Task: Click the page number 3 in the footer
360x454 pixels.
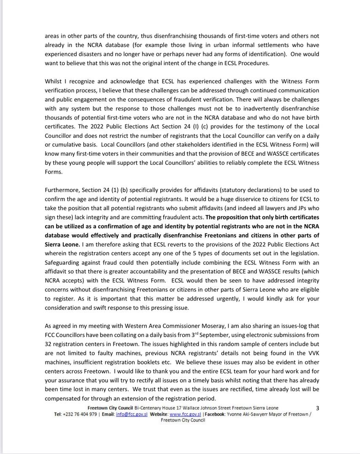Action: point(318,408)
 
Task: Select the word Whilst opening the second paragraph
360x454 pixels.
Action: point(53,81)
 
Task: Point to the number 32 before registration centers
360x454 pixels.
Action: point(48,344)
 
